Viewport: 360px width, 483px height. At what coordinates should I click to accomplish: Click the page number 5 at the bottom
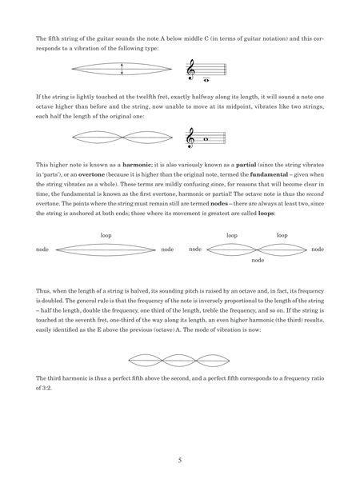180,459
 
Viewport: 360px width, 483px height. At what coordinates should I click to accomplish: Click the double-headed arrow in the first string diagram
121,70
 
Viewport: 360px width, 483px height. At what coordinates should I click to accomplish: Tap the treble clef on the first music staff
192,71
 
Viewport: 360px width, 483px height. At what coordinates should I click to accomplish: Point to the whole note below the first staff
208,80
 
